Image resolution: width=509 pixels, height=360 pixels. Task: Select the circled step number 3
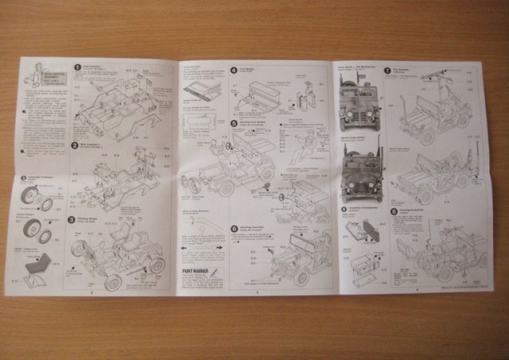tap(72, 218)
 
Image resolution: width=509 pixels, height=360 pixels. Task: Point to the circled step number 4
tap(234, 70)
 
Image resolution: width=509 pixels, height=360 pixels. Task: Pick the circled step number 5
tap(234, 123)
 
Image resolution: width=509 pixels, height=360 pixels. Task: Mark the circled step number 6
tap(234, 228)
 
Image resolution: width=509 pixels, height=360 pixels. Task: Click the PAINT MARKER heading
tap(194, 270)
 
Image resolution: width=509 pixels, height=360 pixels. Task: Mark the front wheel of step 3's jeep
tap(111, 281)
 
